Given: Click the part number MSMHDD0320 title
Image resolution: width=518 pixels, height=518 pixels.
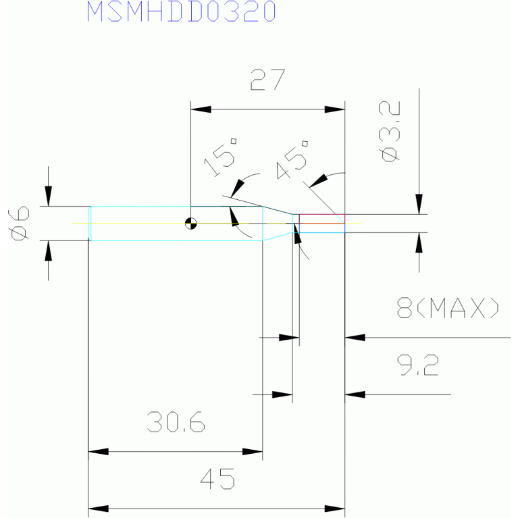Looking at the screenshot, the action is (182, 11).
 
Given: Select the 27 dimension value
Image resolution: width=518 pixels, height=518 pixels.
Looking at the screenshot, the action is (267, 80).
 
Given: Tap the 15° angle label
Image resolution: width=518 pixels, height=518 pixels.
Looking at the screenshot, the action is (220, 157).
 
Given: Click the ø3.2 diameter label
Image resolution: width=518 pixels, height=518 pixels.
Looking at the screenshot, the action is (390, 132).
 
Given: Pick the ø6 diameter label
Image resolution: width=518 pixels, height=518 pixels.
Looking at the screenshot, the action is (20, 224).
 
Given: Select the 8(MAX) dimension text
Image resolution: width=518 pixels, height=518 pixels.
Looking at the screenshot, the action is (448, 307).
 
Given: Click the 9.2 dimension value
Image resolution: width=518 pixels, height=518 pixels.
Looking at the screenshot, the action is (418, 365).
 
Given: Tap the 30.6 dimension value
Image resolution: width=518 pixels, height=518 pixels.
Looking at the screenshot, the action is (176, 422).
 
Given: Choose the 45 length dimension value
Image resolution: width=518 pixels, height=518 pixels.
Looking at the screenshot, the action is (217, 479).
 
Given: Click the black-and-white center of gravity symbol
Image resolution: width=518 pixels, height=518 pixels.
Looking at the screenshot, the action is (191, 224).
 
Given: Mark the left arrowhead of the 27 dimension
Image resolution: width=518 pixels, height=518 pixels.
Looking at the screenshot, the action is (201, 109).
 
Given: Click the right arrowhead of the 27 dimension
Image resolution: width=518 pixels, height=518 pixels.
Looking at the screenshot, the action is (335, 109).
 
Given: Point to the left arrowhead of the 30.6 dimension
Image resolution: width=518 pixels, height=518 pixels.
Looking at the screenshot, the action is (99, 452).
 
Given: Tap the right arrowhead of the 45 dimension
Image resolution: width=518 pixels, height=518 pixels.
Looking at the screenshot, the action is (335, 509).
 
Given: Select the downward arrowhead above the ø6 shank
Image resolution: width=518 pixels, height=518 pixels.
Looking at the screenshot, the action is (49, 197).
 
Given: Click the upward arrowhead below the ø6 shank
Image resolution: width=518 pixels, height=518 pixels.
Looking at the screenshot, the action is (49, 251).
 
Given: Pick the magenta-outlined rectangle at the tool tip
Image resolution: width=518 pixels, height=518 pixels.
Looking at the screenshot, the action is (322, 219).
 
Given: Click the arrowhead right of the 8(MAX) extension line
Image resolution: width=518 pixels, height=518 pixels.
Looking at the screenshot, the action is (355, 338).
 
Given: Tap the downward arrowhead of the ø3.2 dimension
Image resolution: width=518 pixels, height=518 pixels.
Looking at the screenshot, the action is (419, 204).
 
